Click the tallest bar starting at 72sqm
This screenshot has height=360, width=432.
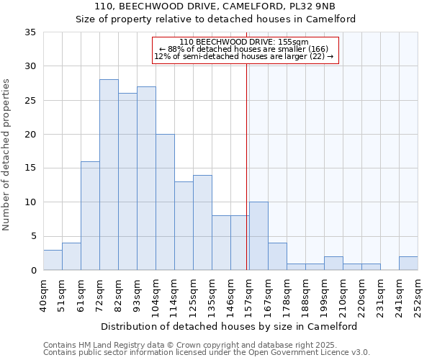109,175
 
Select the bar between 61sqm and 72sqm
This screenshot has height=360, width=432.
90,216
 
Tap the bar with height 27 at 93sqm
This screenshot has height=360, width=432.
146,179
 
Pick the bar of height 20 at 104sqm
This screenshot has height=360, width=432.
165,202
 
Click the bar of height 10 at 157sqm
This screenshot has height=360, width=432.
258,236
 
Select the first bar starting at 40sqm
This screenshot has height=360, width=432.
53,260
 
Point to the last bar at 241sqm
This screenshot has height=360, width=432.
408,264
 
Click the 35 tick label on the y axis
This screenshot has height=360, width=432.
30,32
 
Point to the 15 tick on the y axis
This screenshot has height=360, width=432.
30,168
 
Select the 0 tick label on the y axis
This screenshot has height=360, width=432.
33,271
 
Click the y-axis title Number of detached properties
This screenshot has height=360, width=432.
7,155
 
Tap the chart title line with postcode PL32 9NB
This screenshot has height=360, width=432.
216,6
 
